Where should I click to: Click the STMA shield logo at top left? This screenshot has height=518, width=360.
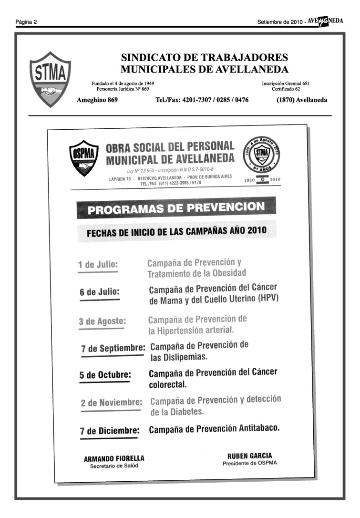point(50,79)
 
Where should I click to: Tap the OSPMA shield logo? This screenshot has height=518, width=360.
point(84,158)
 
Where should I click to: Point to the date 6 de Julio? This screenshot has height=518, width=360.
point(99,292)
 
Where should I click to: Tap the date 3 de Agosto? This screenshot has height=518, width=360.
point(103,321)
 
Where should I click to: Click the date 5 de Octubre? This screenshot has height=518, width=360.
point(105,375)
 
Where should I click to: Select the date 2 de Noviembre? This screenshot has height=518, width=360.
point(112,403)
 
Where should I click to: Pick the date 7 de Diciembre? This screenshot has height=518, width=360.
point(110,431)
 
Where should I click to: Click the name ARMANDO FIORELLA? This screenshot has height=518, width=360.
point(114,459)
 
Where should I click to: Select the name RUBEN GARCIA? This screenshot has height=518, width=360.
point(249,456)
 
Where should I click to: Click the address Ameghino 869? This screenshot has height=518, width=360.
point(97,100)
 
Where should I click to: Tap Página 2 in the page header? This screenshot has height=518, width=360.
point(26,22)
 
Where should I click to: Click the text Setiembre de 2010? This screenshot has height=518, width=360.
point(280,22)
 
